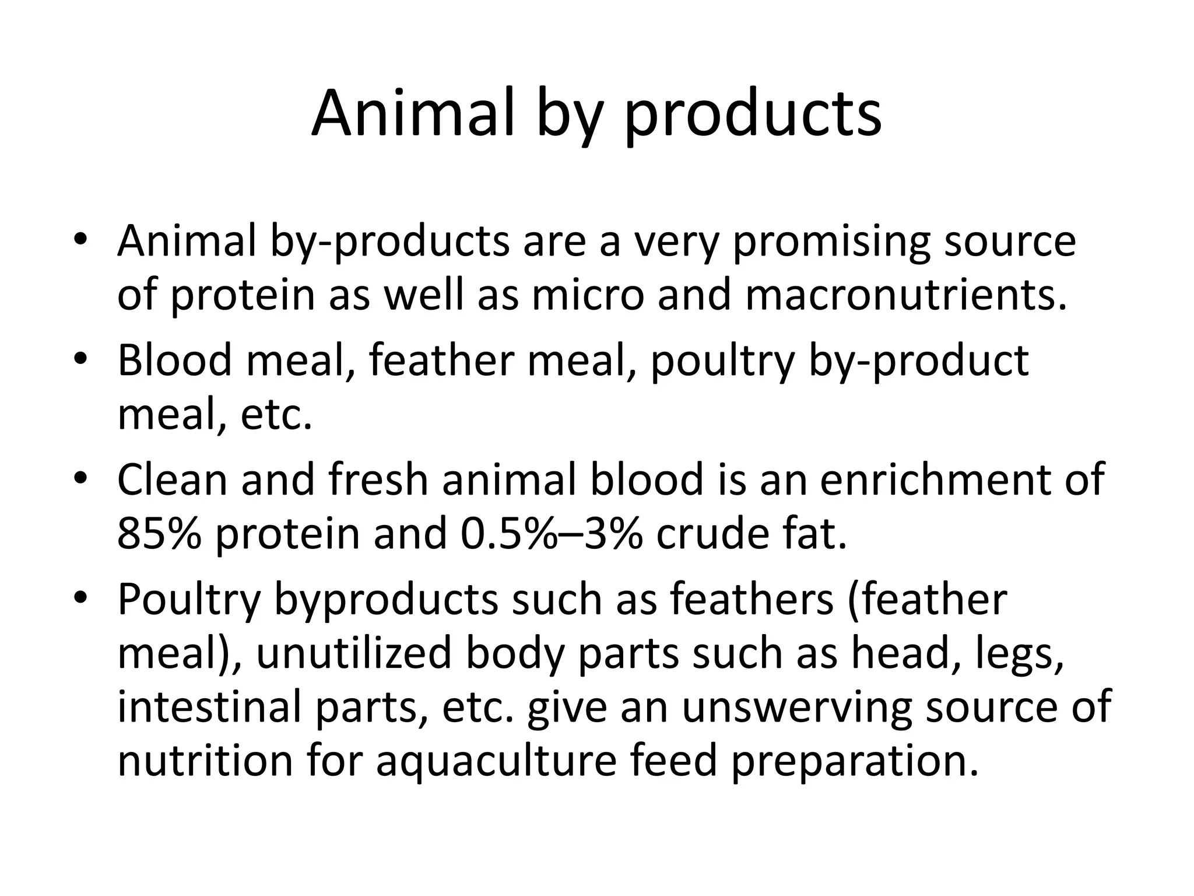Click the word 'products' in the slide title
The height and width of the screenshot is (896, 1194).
753,114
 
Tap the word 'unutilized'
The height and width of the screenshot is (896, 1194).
354,653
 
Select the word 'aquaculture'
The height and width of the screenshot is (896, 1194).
496,761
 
